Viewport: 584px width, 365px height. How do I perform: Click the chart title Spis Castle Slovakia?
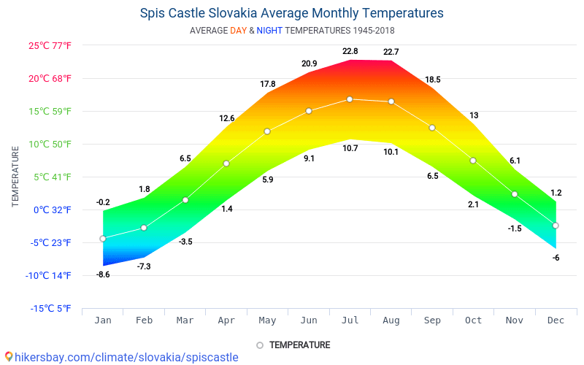[291, 13]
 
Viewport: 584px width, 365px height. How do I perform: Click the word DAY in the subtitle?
[238, 31]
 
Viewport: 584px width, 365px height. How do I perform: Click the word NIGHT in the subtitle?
[269, 31]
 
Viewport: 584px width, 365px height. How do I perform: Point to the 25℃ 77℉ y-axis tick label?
[50, 46]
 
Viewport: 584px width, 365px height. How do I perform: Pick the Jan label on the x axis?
[103, 320]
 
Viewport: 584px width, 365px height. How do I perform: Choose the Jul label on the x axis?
[350, 320]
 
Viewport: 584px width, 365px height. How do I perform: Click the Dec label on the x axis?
[556, 320]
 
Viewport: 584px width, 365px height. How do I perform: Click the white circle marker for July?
[350, 99]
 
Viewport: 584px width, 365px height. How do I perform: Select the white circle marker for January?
[103, 239]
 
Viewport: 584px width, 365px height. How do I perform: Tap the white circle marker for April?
[226, 164]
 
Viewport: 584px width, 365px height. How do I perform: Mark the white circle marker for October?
[473, 161]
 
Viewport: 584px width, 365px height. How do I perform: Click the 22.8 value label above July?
[350, 51]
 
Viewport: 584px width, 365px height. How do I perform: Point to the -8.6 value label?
[103, 274]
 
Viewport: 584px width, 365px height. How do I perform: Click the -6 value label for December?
[556, 258]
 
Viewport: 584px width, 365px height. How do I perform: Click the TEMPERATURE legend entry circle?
[260, 345]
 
